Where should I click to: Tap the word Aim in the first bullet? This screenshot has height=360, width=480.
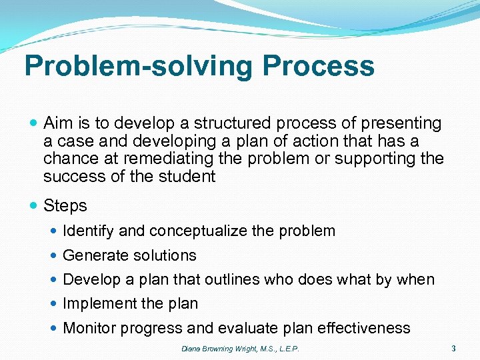(57, 123)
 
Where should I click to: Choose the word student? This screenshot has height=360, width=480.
(189, 176)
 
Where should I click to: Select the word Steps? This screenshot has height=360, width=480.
(65, 206)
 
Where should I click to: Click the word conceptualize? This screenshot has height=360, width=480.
(199, 231)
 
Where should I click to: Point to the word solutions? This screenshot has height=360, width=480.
(164, 255)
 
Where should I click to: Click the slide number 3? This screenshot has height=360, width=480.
(453, 347)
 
